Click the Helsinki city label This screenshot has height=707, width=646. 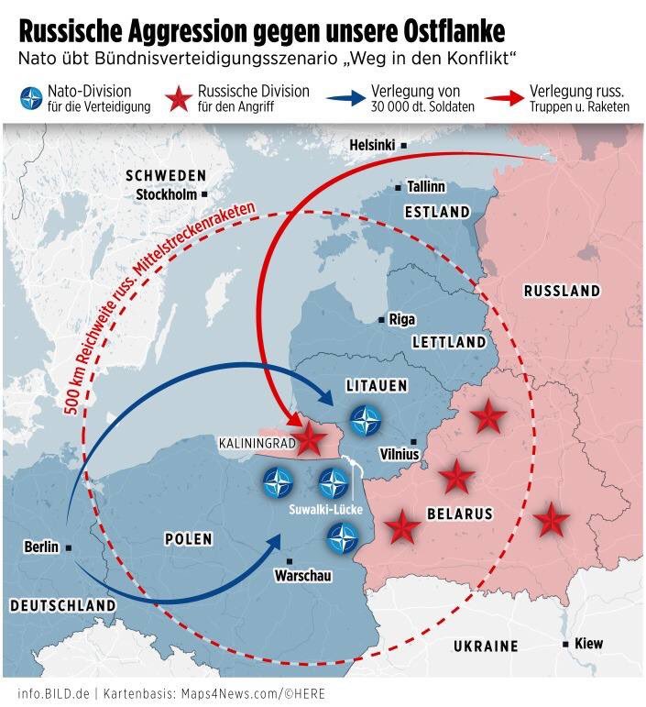tap(374, 146)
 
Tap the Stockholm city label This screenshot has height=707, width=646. tap(168, 194)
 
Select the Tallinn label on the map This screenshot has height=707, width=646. tap(426, 186)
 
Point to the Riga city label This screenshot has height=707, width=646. tap(401, 319)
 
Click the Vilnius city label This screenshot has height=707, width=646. tap(400, 454)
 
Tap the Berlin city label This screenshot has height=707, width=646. tap(41, 547)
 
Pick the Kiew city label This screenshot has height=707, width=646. tap(588, 644)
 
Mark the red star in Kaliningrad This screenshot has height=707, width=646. tap(310, 440)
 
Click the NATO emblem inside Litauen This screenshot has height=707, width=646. tap(368, 421)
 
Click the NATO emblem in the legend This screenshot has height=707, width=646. tap(34, 99)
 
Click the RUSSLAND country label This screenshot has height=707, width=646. tap(562, 292)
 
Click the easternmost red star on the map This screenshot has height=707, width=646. tap(551, 520)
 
